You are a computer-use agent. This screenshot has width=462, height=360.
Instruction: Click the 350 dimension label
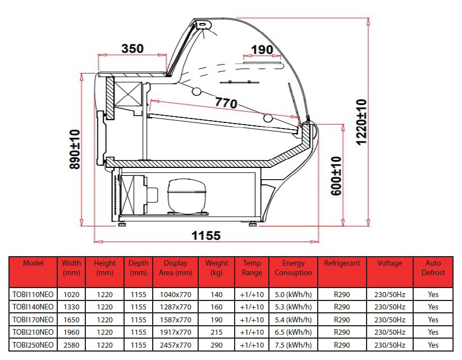click(x=132, y=49)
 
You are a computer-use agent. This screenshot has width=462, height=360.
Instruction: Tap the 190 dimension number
click(x=262, y=49)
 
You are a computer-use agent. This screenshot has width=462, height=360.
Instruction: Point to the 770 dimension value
click(x=226, y=103)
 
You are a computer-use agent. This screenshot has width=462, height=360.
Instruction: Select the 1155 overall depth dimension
click(x=206, y=235)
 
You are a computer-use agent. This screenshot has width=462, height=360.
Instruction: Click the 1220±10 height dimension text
click(x=362, y=122)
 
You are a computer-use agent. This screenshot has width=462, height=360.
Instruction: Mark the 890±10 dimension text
click(x=75, y=149)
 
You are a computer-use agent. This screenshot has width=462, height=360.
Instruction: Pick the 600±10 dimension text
click(x=336, y=176)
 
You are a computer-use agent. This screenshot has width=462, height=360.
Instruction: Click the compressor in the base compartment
click(x=186, y=196)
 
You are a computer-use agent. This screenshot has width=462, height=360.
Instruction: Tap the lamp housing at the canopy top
click(x=204, y=25)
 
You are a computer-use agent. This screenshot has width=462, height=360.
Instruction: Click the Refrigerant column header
click(x=342, y=263)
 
